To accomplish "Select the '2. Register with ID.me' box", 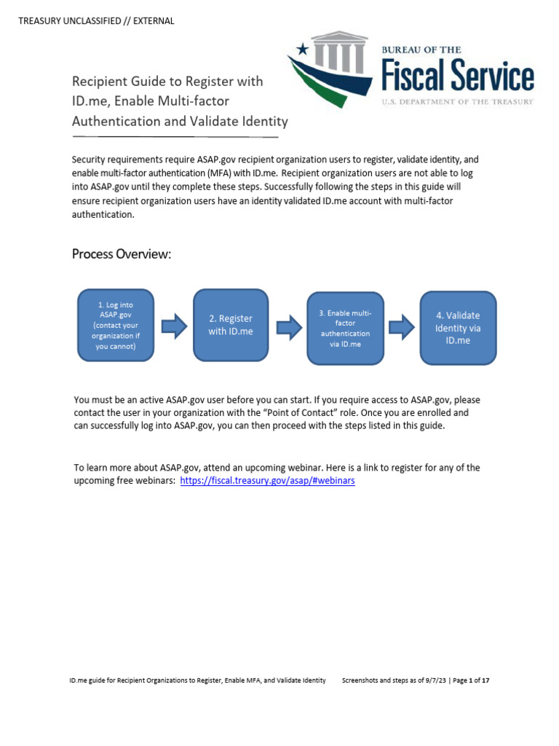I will coord(230,325).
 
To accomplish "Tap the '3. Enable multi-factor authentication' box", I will coord(344,329).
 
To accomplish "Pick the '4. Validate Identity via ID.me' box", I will coord(458,328).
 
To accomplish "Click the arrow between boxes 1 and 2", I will coord(174,326).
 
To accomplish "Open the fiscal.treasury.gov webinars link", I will coord(267,482).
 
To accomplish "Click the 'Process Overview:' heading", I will coord(121,254).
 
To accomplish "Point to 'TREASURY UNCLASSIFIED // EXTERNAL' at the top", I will coord(96,21).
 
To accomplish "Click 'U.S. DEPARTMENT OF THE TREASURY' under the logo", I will coord(458,102).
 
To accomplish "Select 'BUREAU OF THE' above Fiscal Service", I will coord(421,50).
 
